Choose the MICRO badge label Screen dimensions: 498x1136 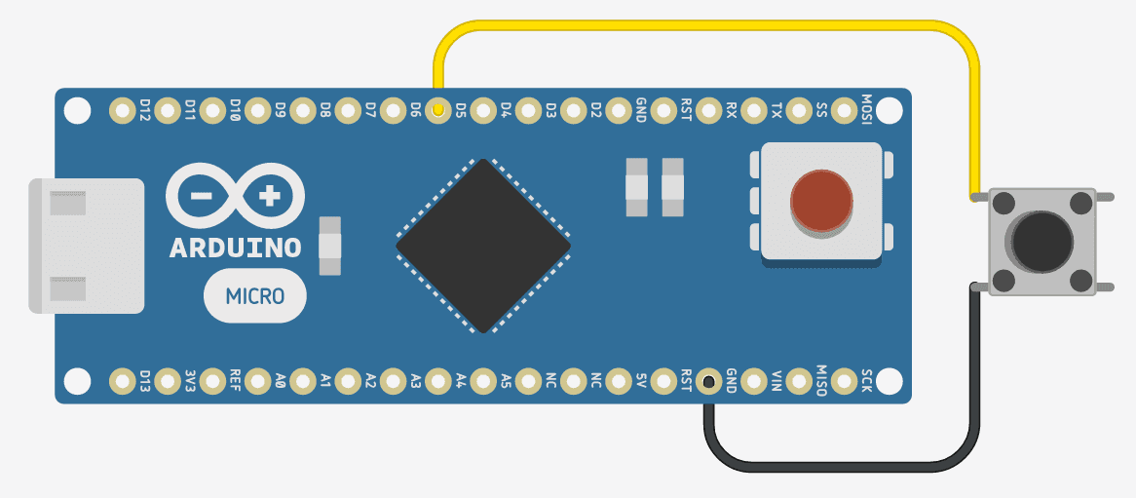255,294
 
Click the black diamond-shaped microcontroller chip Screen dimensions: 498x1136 483,246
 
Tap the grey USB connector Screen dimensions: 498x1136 86,246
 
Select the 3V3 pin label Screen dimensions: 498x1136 190,380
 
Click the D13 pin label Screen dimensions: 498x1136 145,380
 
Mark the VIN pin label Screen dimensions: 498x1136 776,380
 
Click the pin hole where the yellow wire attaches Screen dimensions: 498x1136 438,111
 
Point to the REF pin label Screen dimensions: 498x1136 235,380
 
